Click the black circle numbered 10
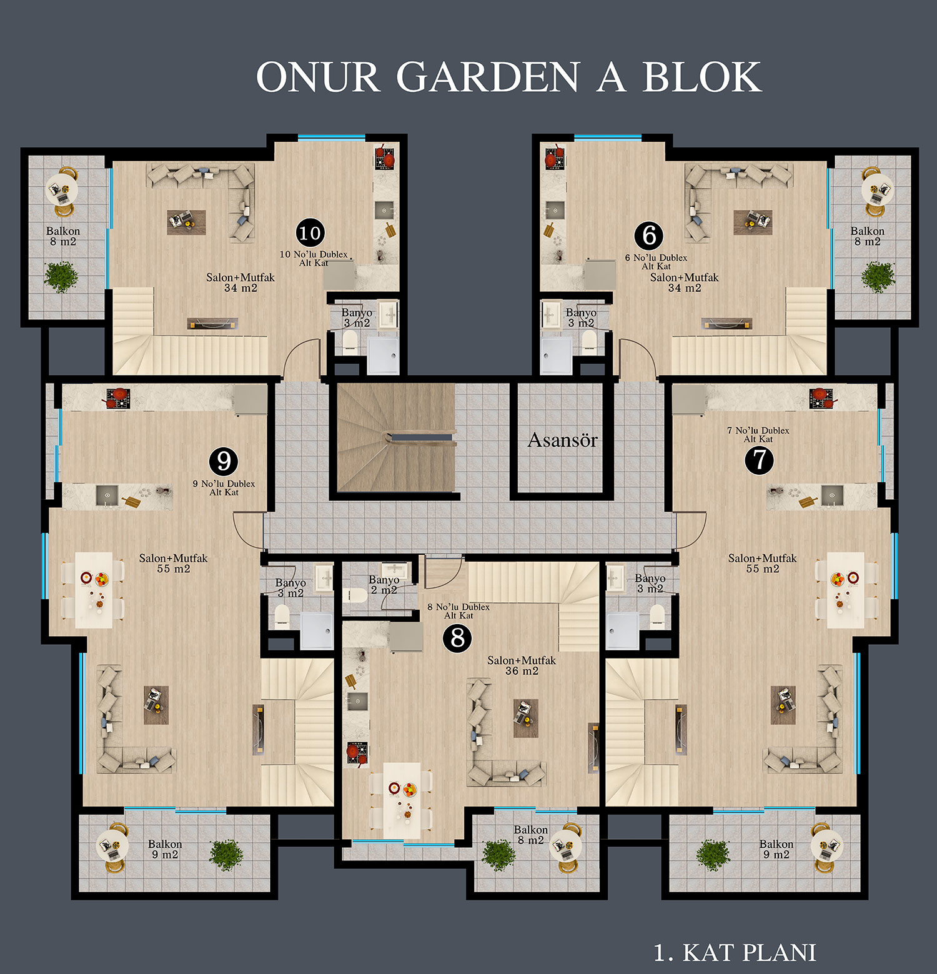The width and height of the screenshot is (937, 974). [x=310, y=233]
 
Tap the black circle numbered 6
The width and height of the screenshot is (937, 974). [x=649, y=236]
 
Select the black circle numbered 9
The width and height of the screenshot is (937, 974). [x=224, y=461]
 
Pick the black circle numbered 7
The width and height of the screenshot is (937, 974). [x=760, y=460]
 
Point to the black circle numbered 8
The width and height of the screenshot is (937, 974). [x=457, y=638]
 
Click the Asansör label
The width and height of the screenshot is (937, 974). [x=563, y=440]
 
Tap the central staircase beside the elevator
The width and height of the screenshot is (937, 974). [x=396, y=437]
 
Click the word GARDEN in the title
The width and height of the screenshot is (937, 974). [x=488, y=77]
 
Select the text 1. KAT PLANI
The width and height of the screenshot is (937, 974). [x=735, y=953]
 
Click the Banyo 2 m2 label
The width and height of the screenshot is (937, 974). [x=384, y=585]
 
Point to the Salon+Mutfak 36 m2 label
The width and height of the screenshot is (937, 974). [x=522, y=665]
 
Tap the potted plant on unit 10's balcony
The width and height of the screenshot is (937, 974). [x=61, y=277]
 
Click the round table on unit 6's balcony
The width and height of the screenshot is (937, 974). [x=877, y=189]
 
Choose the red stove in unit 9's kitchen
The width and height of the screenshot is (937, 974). [x=117, y=397]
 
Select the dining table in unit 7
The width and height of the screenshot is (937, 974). [x=846, y=590]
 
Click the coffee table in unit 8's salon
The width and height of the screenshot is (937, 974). [x=526, y=718]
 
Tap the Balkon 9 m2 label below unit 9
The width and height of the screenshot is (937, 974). [x=165, y=849]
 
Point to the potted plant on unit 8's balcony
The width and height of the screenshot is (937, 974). [x=498, y=855]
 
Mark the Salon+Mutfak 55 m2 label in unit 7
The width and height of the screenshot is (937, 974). [x=762, y=564]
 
